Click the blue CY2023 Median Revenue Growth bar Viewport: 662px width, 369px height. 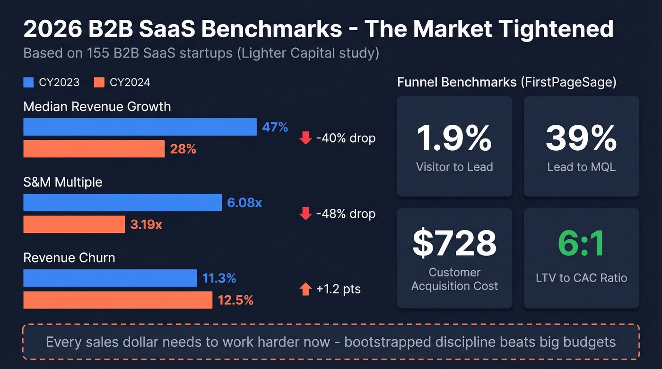140,127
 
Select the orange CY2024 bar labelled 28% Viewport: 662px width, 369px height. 94,149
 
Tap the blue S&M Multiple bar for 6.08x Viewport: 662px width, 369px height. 122,202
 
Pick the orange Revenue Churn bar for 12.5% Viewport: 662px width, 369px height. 118,300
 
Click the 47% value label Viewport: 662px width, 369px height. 275,127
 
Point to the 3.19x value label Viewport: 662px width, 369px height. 146,224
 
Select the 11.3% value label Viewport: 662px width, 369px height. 219,278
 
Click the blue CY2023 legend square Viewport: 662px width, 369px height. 28,83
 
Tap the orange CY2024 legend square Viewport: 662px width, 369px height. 99,83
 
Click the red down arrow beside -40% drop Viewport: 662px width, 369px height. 305,138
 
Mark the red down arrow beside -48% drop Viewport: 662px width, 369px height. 305,214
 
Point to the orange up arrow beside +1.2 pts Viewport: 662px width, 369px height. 305,289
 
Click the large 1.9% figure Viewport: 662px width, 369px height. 454,137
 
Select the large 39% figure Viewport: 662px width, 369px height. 581,137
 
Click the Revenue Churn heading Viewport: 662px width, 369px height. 69,257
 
